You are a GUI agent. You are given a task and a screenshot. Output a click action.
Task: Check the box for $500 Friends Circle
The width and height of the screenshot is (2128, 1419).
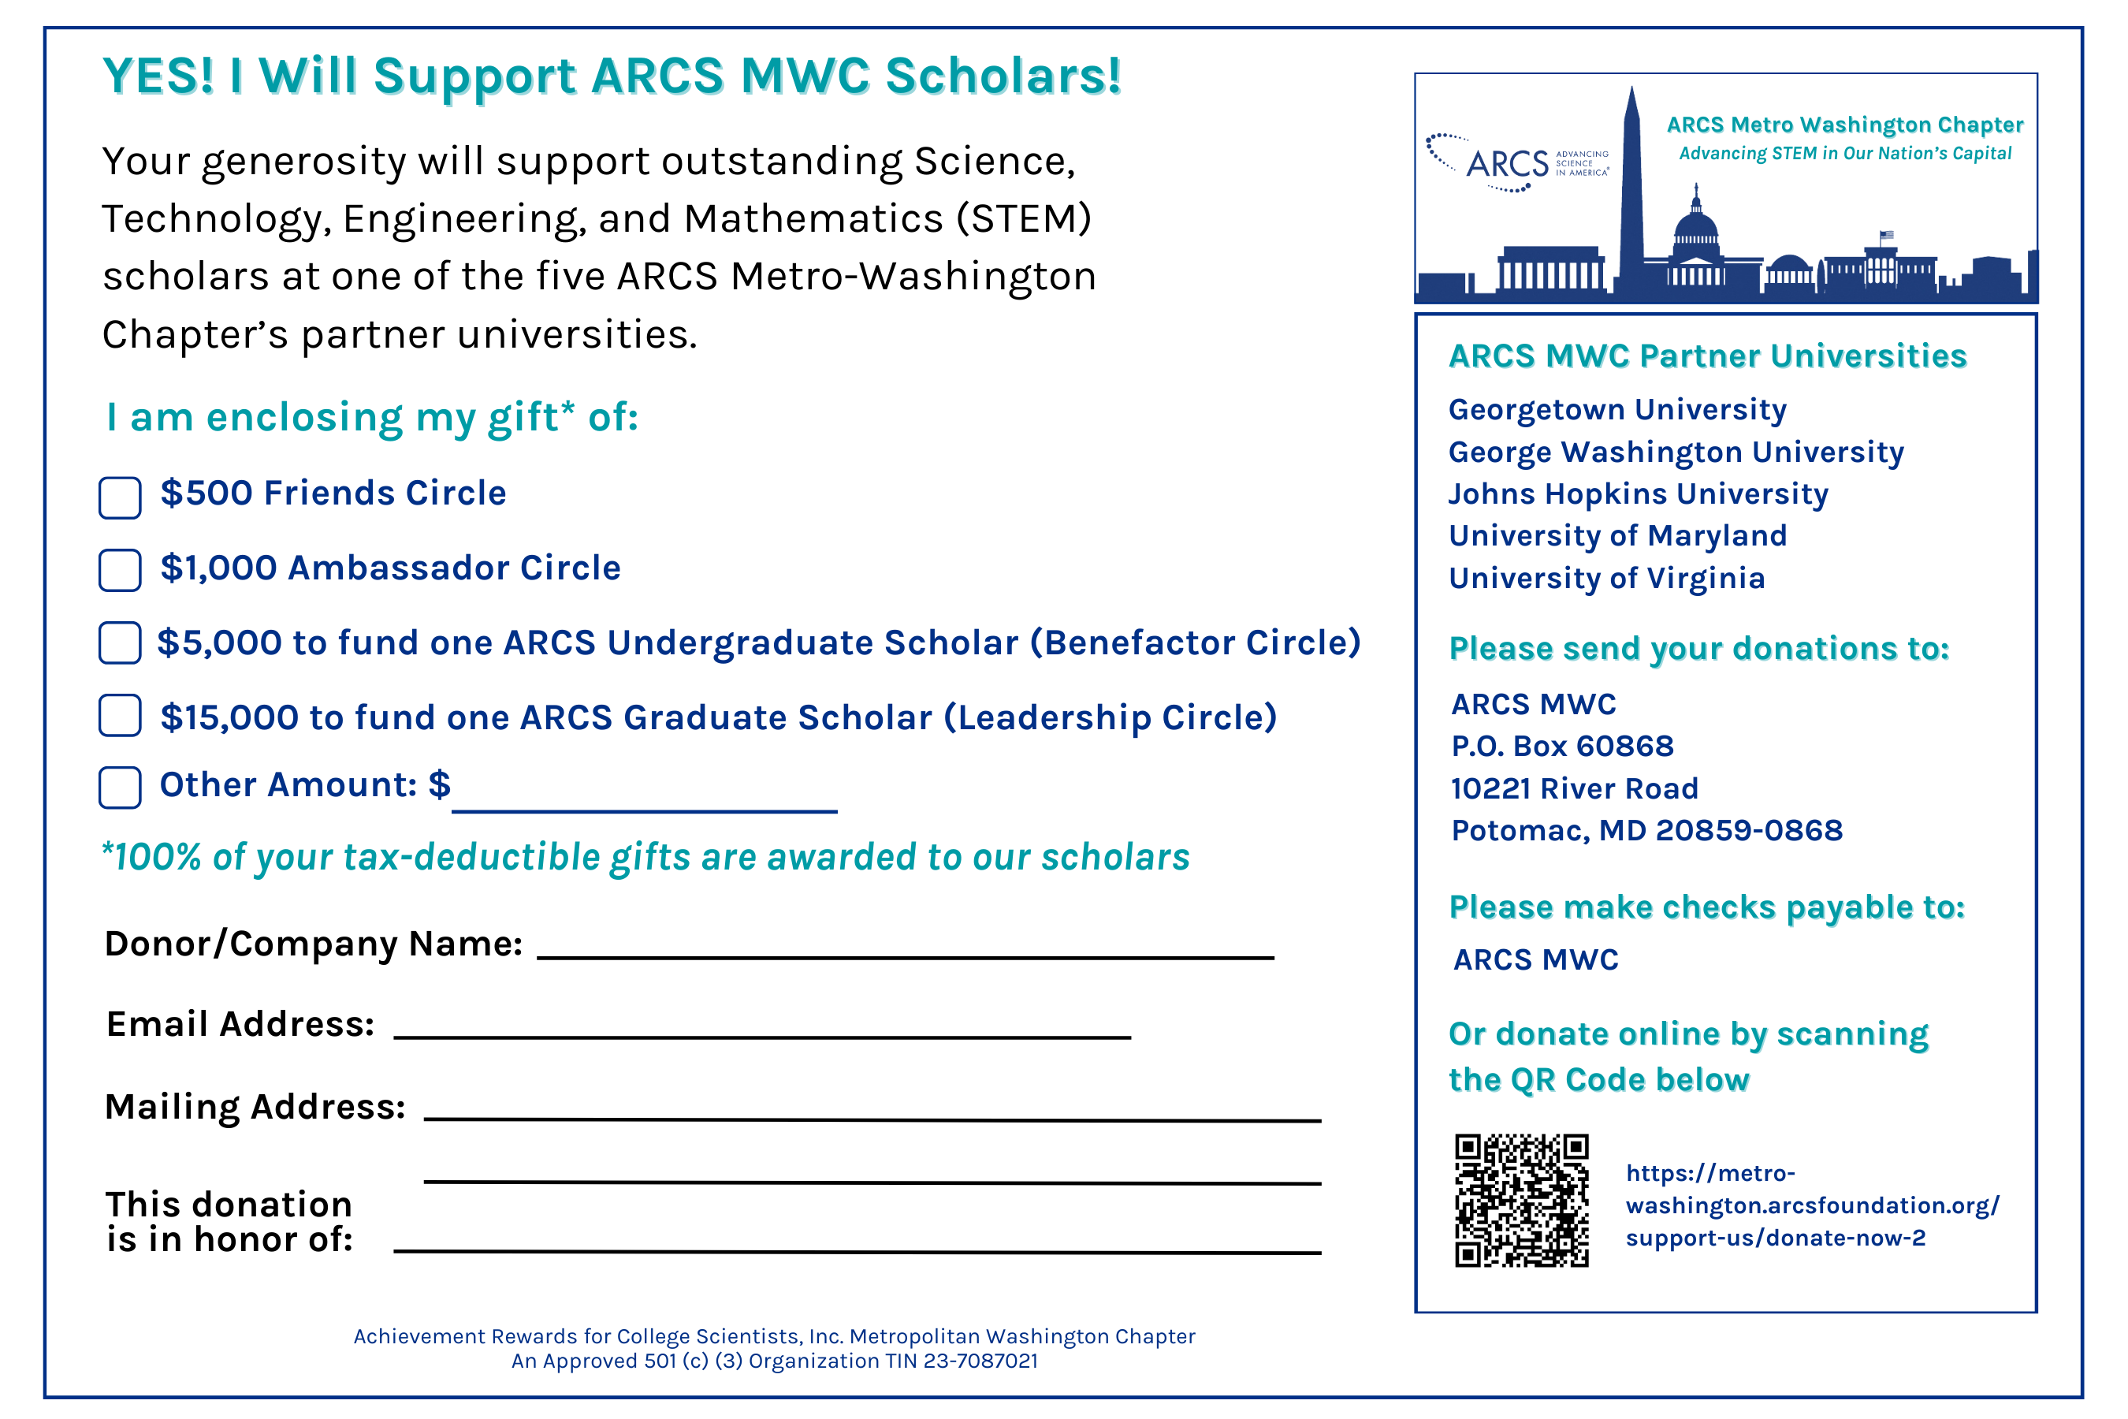point(120,497)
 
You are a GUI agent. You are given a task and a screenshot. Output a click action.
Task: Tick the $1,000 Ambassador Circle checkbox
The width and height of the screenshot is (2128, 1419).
point(120,570)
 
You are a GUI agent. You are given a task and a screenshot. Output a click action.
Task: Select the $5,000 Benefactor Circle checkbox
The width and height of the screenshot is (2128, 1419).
point(120,642)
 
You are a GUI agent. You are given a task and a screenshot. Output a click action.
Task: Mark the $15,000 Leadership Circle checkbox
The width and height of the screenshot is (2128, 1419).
point(120,715)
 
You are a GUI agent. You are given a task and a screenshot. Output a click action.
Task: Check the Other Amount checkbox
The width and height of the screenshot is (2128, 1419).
point(120,788)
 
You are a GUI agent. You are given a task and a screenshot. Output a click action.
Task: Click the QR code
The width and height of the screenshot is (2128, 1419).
point(1522,1200)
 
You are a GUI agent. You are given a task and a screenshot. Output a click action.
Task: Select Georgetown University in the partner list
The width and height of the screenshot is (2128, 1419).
point(1616,410)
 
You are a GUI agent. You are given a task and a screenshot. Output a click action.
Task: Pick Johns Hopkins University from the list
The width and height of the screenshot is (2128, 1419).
point(1638,494)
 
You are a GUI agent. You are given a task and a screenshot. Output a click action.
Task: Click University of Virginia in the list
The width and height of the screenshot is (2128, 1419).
point(1607,579)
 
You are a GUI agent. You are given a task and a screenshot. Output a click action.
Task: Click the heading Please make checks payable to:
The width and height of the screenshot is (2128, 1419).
point(1706,907)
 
